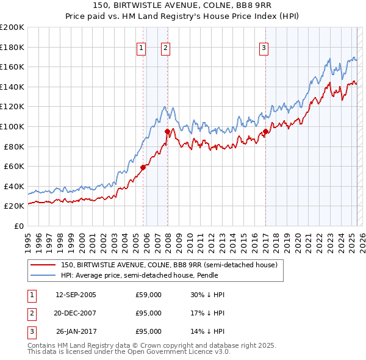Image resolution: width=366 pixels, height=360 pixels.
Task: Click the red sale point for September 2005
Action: (143, 167)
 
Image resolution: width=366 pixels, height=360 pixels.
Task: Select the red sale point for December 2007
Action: (167, 131)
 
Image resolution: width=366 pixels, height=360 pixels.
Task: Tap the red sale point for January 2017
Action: (266, 131)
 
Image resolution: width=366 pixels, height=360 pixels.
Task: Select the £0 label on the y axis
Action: (18, 226)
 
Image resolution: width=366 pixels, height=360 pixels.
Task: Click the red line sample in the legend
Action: (43, 265)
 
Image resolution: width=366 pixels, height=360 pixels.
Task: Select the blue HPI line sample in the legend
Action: (43, 275)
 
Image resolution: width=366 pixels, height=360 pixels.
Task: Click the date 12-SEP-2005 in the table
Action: (76, 295)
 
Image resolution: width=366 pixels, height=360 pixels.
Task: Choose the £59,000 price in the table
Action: (148, 295)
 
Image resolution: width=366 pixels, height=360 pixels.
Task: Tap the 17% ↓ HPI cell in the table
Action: (207, 313)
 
